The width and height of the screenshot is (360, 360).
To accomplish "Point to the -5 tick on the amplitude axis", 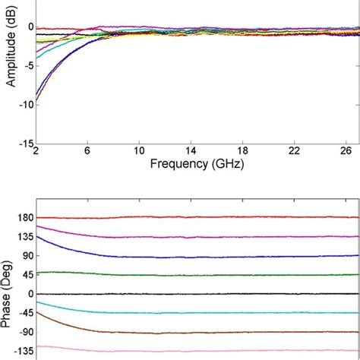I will click(25, 65).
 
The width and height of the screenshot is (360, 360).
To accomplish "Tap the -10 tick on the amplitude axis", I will click(23, 104).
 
